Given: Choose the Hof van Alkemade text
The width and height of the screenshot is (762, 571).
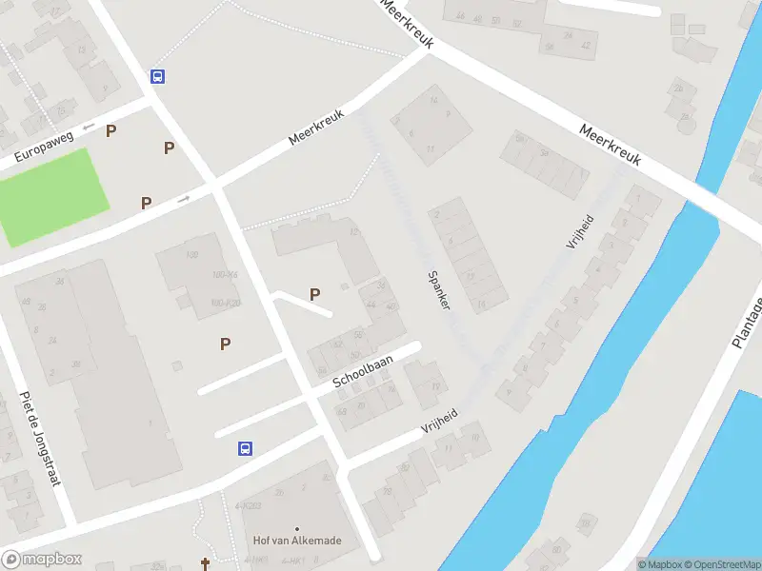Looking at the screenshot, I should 297,541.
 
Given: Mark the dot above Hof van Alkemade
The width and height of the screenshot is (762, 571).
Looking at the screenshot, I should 297,528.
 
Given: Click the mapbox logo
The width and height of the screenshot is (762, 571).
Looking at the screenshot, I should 42,560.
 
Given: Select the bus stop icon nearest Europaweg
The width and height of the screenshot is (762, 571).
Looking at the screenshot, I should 157,77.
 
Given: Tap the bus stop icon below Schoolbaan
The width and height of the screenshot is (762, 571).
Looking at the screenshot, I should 245,447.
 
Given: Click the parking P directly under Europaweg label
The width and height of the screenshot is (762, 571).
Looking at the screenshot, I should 111,130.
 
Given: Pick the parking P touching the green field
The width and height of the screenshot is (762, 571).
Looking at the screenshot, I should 147,203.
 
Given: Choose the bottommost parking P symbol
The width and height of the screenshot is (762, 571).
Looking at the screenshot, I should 226,344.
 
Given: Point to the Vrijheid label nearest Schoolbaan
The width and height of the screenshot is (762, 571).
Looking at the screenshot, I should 440,420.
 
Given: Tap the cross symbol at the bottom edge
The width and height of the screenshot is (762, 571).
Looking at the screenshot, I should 205,564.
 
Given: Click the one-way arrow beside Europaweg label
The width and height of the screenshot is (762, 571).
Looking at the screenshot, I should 88,126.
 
